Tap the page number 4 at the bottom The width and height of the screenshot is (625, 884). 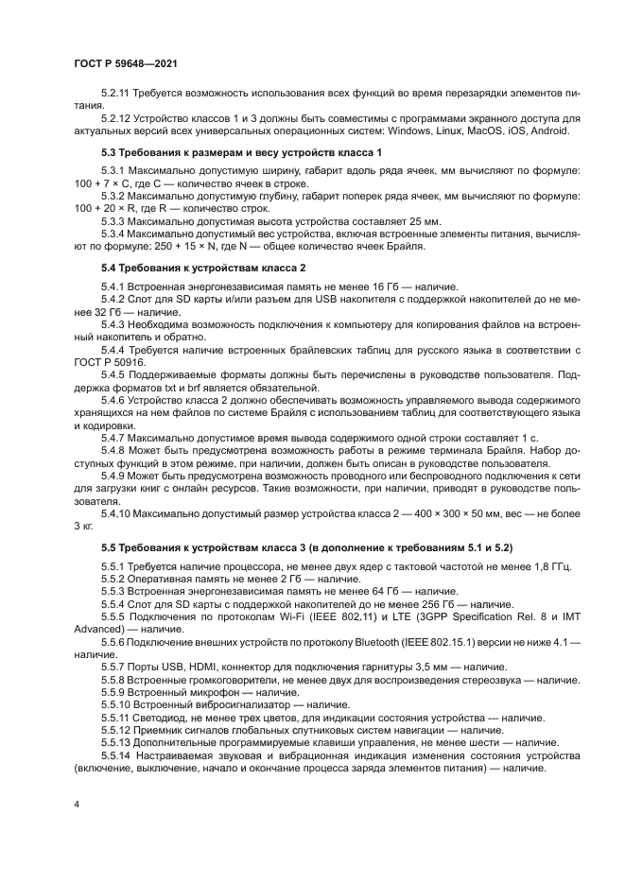coord(77,803)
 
